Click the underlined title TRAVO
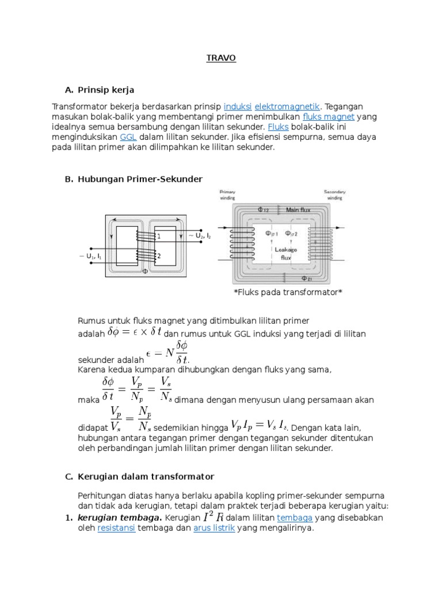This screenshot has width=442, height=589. [221, 59]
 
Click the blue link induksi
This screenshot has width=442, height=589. [237, 106]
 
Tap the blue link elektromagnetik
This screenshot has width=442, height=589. [287, 106]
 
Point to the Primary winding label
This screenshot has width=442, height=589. [228, 195]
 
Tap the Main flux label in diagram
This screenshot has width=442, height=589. [299, 210]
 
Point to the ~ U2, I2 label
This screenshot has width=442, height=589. [199, 235]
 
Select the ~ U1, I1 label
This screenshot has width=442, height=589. [90, 256]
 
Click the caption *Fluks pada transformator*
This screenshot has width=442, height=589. [288, 292]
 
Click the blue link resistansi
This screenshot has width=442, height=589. [116, 528]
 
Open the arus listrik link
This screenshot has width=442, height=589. [214, 528]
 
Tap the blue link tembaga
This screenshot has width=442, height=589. [294, 518]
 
